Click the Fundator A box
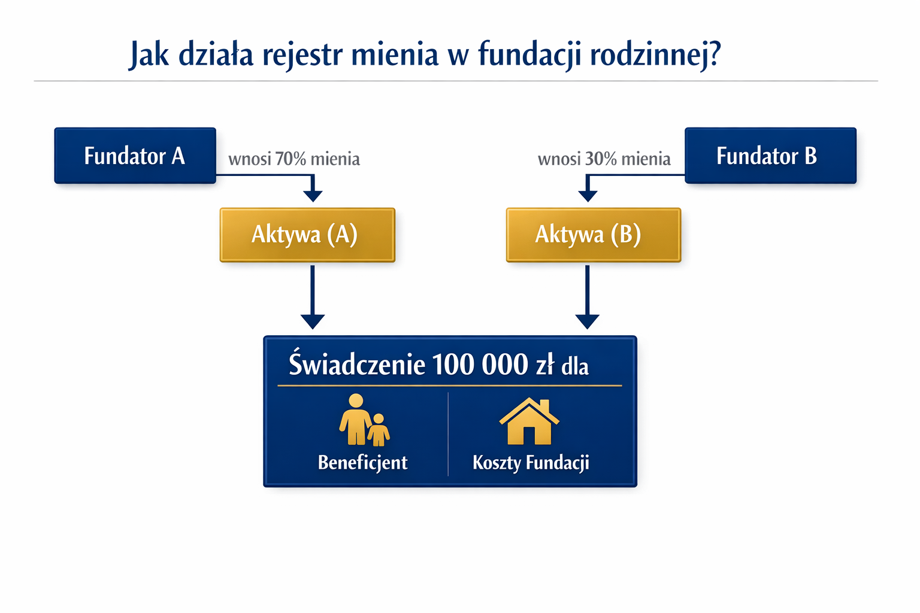[135, 156]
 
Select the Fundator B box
[770, 156]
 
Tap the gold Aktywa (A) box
[307, 235]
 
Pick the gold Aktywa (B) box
[593, 235]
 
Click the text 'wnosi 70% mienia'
[294, 159]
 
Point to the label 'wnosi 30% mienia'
[604, 159]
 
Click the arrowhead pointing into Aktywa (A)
[313, 195]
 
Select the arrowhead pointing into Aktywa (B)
[588, 195]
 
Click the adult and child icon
[364, 420]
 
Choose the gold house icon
[529, 421]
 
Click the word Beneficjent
[362, 463]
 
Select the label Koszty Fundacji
[531, 463]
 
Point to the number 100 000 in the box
[479, 365]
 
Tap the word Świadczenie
[357, 365]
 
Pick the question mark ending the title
[713, 54]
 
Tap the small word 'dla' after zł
[575, 366]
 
